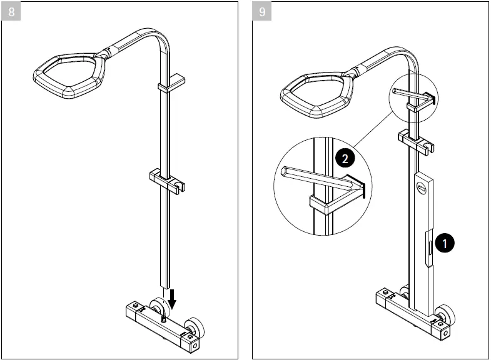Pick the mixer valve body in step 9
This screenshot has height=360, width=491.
[x=410, y=309]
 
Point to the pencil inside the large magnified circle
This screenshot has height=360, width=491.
[x=316, y=177]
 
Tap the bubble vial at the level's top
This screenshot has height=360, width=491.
[x=423, y=186]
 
